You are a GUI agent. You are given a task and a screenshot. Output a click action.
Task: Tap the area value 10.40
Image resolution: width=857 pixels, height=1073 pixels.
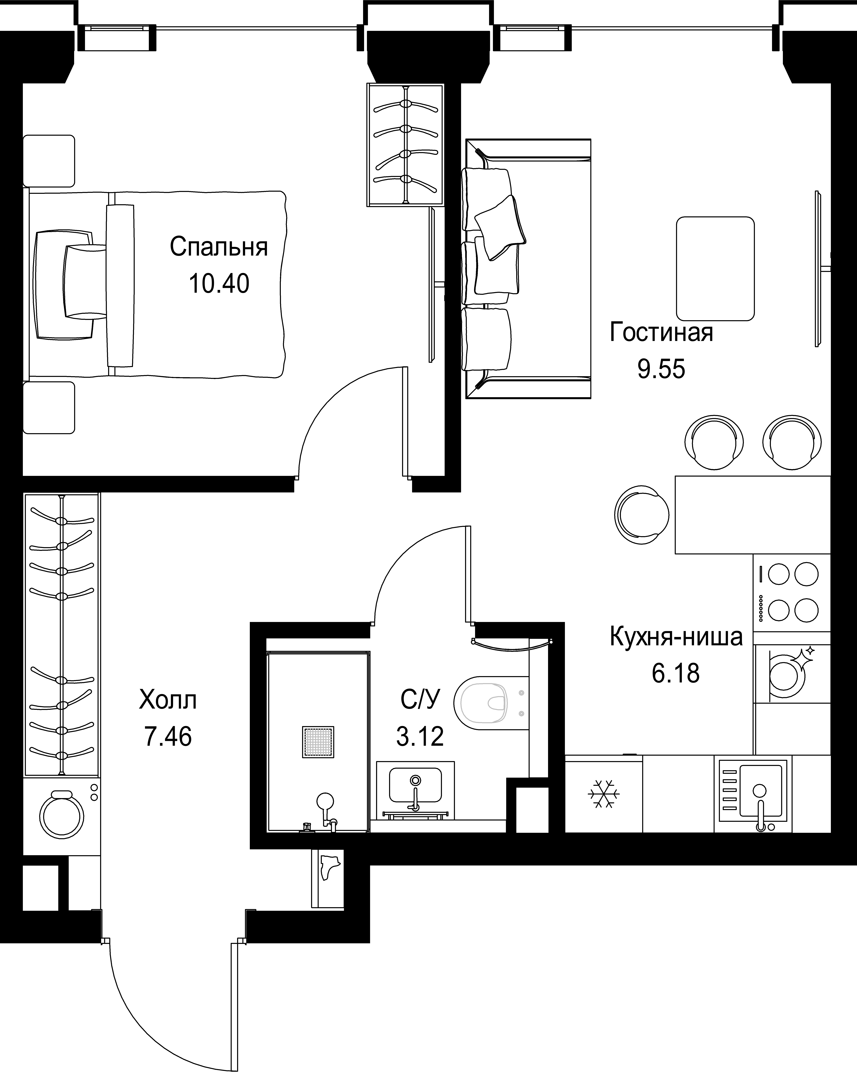point(219,284)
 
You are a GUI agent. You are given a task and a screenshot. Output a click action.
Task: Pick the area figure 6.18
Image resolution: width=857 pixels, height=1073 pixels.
point(676,673)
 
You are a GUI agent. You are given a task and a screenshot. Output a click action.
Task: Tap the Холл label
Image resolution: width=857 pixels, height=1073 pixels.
point(168,700)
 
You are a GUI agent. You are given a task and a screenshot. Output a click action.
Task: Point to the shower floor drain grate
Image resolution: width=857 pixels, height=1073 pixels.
point(318,742)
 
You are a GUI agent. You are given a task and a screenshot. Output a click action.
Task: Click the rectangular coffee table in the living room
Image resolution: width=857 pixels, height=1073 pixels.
point(715,268)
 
